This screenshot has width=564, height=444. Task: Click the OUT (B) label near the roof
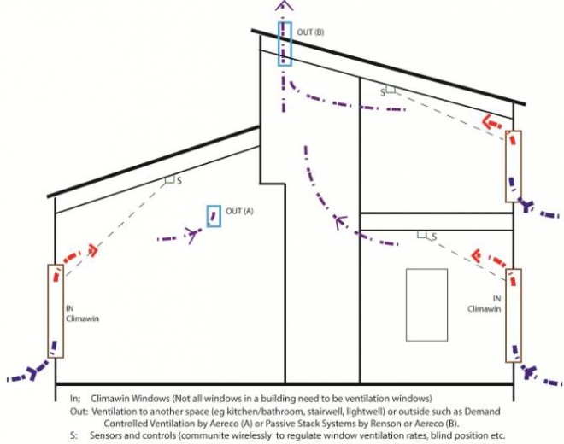(x=310, y=32)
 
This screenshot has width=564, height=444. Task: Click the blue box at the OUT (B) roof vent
(x=284, y=43)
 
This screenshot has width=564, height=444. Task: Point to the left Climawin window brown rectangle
(x=56, y=311)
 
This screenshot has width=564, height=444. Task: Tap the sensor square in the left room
(x=169, y=181)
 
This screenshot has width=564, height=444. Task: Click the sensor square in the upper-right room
(x=390, y=89)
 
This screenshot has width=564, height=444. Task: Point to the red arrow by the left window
(x=88, y=253)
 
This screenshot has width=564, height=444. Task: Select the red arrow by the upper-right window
(x=491, y=123)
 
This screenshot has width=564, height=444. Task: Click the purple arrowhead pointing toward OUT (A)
(x=190, y=235)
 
